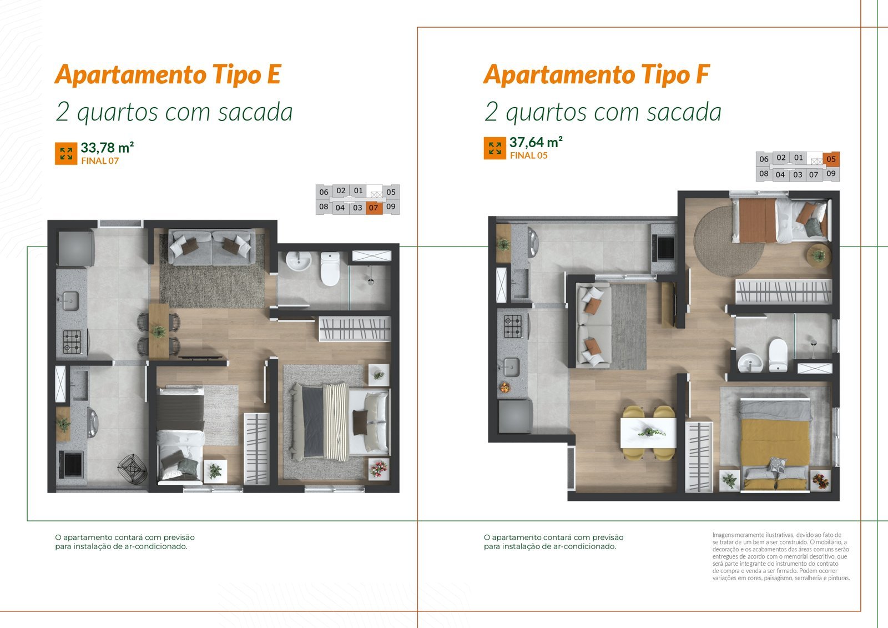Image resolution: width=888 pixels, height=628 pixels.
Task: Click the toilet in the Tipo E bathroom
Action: click(x=330, y=269)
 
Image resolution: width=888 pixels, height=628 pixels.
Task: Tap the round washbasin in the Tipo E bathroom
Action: click(x=299, y=261)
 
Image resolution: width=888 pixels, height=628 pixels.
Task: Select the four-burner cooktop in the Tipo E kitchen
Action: click(x=72, y=341)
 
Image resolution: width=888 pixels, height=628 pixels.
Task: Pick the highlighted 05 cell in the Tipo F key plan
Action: click(x=831, y=159)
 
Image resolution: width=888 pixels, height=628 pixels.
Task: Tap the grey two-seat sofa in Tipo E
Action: click(x=211, y=247)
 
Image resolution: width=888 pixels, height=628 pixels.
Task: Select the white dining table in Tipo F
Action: click(x=648, y=433)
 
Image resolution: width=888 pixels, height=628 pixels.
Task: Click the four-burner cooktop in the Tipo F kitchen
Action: click(x=513, y=326)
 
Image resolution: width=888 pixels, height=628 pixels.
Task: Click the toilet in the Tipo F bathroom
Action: click(x=778, y=355)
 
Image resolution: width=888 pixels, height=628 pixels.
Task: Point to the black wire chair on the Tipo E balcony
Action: click(x=133, y=469)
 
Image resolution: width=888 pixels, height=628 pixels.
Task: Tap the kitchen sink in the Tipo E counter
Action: click(x=70, y=302)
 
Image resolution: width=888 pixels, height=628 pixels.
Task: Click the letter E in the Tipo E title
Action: click(x=274, y=74)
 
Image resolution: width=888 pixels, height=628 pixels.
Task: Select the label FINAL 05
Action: click(x=528, y=155)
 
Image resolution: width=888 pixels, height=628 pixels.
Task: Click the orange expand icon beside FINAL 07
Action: click(x=66, y=153)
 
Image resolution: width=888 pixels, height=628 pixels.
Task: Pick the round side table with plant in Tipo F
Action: click(x=819, y=256)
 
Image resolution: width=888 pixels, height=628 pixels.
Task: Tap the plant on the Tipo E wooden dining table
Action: click(x=159, y=331)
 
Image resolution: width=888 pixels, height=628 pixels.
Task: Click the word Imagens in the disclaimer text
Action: click(x=723, y=535)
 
